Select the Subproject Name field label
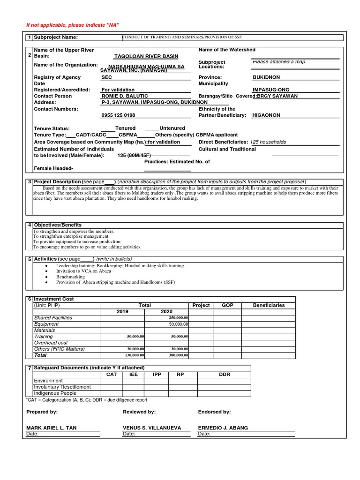56,37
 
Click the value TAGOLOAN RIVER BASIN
140,56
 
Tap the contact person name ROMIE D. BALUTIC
121,96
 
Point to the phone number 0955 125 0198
118,115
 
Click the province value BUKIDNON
267,77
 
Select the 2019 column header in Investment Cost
122,312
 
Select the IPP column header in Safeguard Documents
157,375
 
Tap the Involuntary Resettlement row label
62,387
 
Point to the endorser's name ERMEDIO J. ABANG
223,428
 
